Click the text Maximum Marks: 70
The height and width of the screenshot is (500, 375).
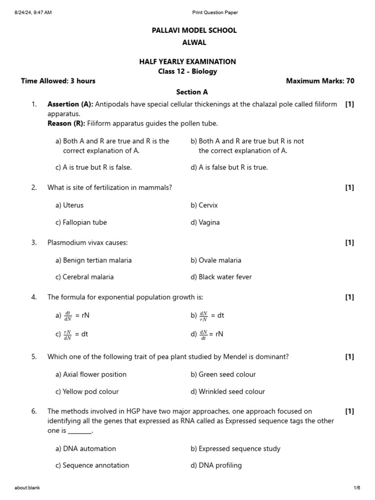(320, 81)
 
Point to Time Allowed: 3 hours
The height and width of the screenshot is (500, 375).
(58, 81)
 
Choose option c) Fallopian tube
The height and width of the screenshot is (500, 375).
(81, 222)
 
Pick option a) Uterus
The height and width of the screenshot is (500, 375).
(69, 205)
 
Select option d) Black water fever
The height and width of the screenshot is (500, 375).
(221, 277)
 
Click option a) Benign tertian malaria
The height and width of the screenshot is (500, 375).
(93, 260)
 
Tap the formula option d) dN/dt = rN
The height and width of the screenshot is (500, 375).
(207, 334)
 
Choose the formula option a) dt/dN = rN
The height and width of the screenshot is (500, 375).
(73, 315)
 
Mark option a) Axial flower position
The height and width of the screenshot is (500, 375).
(91, 375)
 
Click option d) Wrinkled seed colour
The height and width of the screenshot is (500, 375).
(228, 392)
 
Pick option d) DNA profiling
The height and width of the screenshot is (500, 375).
(216, 465)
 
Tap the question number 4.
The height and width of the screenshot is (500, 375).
(34, 297)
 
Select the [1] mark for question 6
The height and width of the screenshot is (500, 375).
(349, 411)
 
